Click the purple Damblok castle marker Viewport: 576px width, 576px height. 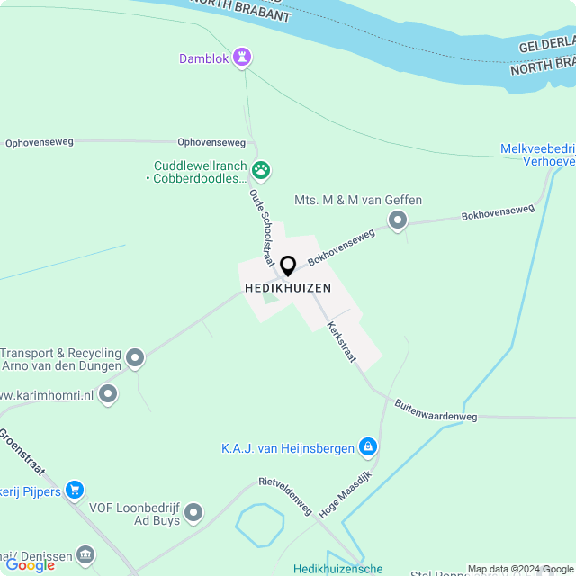(x=241, y=58)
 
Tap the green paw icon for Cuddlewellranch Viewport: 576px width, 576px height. (x=261, y=169)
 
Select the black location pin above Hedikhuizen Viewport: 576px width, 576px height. (x=288, y=266)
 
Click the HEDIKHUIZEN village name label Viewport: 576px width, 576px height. (x=288, y=288)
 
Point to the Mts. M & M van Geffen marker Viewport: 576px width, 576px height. (x=397, y=220)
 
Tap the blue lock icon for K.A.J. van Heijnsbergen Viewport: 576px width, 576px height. (x=367, y=447)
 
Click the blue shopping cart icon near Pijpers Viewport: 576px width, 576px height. (x=75, y=490)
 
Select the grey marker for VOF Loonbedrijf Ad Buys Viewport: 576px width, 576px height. (x=193, y=514)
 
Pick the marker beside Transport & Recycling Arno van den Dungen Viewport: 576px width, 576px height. (x=136, y=359)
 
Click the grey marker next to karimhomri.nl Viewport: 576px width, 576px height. (x=108, y=394)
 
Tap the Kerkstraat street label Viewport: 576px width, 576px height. (x=342, y=343)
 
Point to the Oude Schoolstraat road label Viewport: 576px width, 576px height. (x=261, y=228)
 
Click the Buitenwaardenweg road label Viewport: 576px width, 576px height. (x=436, y=410)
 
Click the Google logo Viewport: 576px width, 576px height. (x=30, y=565)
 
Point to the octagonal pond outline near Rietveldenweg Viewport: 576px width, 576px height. (x=260, y=526)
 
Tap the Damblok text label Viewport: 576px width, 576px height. (x=204, y=59)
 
